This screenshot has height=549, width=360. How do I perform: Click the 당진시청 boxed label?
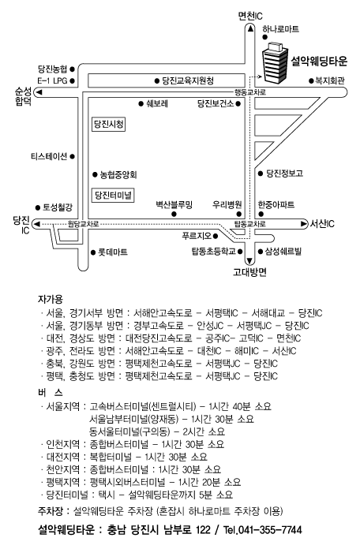109,125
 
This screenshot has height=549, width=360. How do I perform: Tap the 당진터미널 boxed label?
113,195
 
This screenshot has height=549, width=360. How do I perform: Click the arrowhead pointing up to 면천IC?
250,28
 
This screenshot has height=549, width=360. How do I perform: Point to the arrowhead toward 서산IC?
304,223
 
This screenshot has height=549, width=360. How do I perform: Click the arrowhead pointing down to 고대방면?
249,261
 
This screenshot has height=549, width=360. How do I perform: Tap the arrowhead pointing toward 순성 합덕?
39,92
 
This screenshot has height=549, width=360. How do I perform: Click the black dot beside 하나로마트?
265,37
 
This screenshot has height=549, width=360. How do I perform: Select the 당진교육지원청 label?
188,81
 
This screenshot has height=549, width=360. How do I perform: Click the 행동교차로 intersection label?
250,92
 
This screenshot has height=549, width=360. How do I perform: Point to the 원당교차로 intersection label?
83,224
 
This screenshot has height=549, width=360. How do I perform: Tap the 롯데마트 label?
113,252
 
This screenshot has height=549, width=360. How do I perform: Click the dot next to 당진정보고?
261,174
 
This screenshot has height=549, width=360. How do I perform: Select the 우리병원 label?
227,204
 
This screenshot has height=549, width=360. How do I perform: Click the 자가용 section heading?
50,300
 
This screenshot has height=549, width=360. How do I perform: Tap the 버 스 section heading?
50,393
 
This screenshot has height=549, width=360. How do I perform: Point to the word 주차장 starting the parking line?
50,512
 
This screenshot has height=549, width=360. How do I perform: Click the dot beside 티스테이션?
72,156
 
